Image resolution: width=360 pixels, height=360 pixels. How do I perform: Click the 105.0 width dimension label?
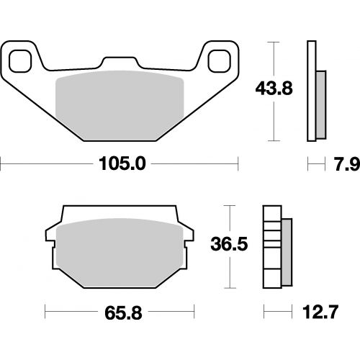click(x=122, y=164)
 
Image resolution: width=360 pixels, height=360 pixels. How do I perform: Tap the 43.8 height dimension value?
click(x=274, y=89)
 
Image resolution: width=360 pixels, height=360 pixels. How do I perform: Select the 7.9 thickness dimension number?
click(x=347, y=164)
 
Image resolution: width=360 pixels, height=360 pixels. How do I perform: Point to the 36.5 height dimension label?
click(x=229, y=244)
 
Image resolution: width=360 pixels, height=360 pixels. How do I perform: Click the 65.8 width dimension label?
click(x=123, y=312)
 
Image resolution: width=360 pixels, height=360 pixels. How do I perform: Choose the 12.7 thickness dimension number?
click(x=320, y=312)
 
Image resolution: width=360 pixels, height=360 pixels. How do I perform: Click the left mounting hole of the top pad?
click(x=20, y=61)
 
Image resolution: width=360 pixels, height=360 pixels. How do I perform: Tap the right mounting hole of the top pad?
click(x=219, y=61)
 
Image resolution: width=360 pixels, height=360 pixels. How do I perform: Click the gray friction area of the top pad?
click(x=120, y=105)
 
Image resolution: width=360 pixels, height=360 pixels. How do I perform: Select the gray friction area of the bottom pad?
click(x=120, y=253)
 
